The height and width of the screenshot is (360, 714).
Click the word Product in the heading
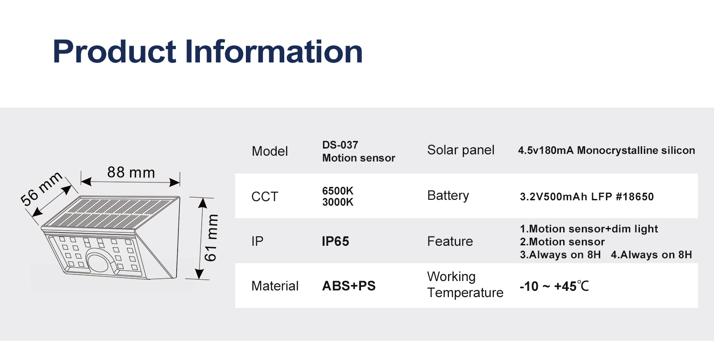[114, 51]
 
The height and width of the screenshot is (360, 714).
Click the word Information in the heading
[274, 51]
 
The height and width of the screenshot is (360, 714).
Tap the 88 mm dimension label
[131, 172]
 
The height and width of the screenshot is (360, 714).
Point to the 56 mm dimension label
[41, 189]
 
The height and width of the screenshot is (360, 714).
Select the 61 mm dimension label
[211, 238]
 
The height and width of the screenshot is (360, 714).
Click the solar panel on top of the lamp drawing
[110, 213]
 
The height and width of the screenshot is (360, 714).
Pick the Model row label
[270, 151]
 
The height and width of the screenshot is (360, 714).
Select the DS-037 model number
[340, 145]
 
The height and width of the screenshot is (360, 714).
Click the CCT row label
[265, 197]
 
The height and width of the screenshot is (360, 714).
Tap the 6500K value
[337, 191]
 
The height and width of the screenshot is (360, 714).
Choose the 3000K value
[337, 202]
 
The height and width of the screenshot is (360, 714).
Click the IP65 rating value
[335, 241]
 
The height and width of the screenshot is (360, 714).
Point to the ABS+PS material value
[349, 286]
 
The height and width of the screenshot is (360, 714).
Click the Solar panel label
[461, 150]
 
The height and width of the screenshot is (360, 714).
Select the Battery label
[448, 195]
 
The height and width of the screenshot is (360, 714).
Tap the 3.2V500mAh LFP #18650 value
[586, 197]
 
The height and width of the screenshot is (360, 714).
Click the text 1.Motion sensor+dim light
[589, 229]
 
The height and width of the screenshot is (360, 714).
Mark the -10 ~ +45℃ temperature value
[554, 286]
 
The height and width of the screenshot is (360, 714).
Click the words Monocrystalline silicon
[636, 150]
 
